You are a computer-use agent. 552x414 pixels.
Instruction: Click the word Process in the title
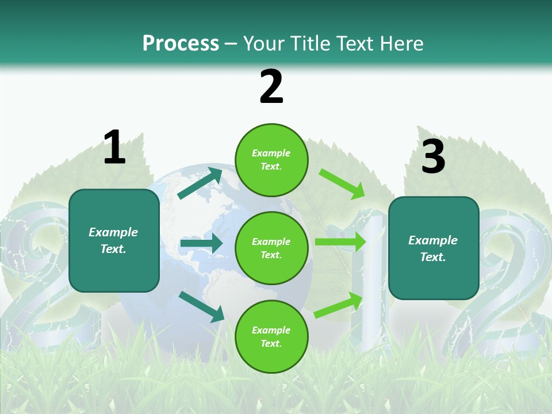181,44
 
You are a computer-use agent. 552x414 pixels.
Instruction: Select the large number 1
114,148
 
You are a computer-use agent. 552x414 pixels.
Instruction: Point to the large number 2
271,87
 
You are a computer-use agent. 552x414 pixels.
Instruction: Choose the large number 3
433,157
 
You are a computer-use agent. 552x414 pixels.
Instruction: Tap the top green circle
271,160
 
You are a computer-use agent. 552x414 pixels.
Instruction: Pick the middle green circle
271,248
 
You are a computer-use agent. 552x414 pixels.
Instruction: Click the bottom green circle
271,336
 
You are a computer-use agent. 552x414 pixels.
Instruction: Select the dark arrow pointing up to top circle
200,183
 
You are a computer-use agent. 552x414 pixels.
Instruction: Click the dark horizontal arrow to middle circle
201,243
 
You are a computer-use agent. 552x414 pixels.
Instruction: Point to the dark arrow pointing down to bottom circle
202,306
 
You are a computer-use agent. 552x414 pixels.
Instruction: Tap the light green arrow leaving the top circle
342,183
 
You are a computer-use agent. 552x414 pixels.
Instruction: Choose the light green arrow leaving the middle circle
340,241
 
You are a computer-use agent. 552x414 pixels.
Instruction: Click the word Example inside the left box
113,232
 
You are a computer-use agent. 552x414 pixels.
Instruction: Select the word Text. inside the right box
433,257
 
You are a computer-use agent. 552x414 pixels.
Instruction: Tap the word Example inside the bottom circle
271,330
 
